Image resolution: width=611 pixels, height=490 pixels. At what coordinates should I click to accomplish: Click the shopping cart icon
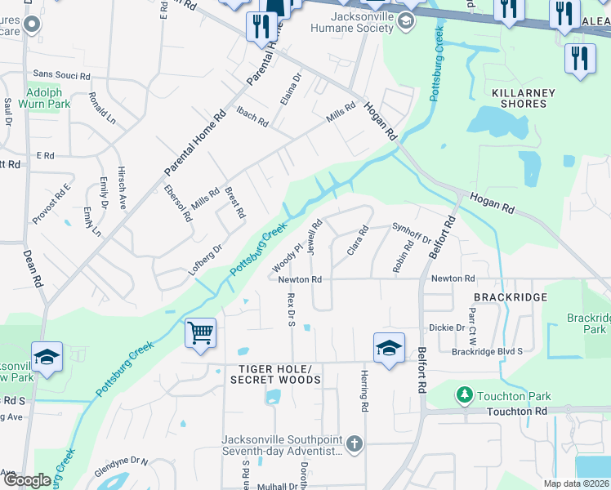pos(200,333)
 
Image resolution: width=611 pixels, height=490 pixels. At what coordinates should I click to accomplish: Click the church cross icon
pos(354,444)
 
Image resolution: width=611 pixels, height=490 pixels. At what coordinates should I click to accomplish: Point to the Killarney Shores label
pos(519,98)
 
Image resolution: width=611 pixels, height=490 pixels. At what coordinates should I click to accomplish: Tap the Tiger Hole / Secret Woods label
pos(270,374)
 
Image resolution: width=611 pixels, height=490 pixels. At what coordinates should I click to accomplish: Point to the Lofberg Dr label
pos(206,260)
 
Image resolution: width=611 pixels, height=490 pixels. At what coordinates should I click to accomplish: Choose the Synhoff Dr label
pos(411,233)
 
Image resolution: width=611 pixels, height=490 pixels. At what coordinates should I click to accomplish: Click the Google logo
pos(26,480)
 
